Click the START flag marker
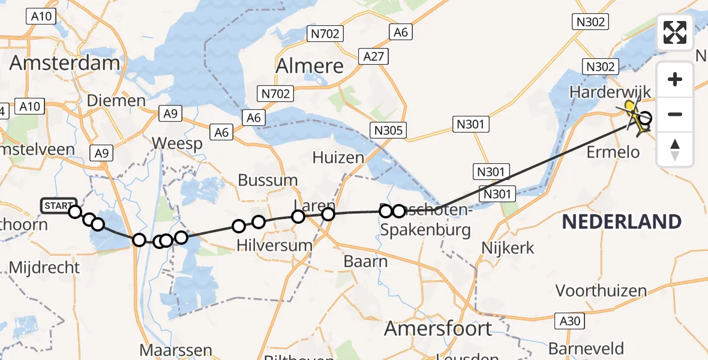pyautogui.click(x=58, y=206)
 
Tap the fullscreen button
pyautogui.click(x=675, y=32)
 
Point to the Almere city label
pyautogui.click(x=309, y=66)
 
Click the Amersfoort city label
pyautogui.click(x=438, y=329)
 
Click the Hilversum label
pyautogui.click(x=275, y=245)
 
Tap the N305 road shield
pyautogui.click(x=389, y=130)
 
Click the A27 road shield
pyautogui.click(x=376, y=57)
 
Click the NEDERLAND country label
pyautogui.click(x=622, y=222)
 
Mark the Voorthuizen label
pyautogui.click(x=601, y=292)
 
